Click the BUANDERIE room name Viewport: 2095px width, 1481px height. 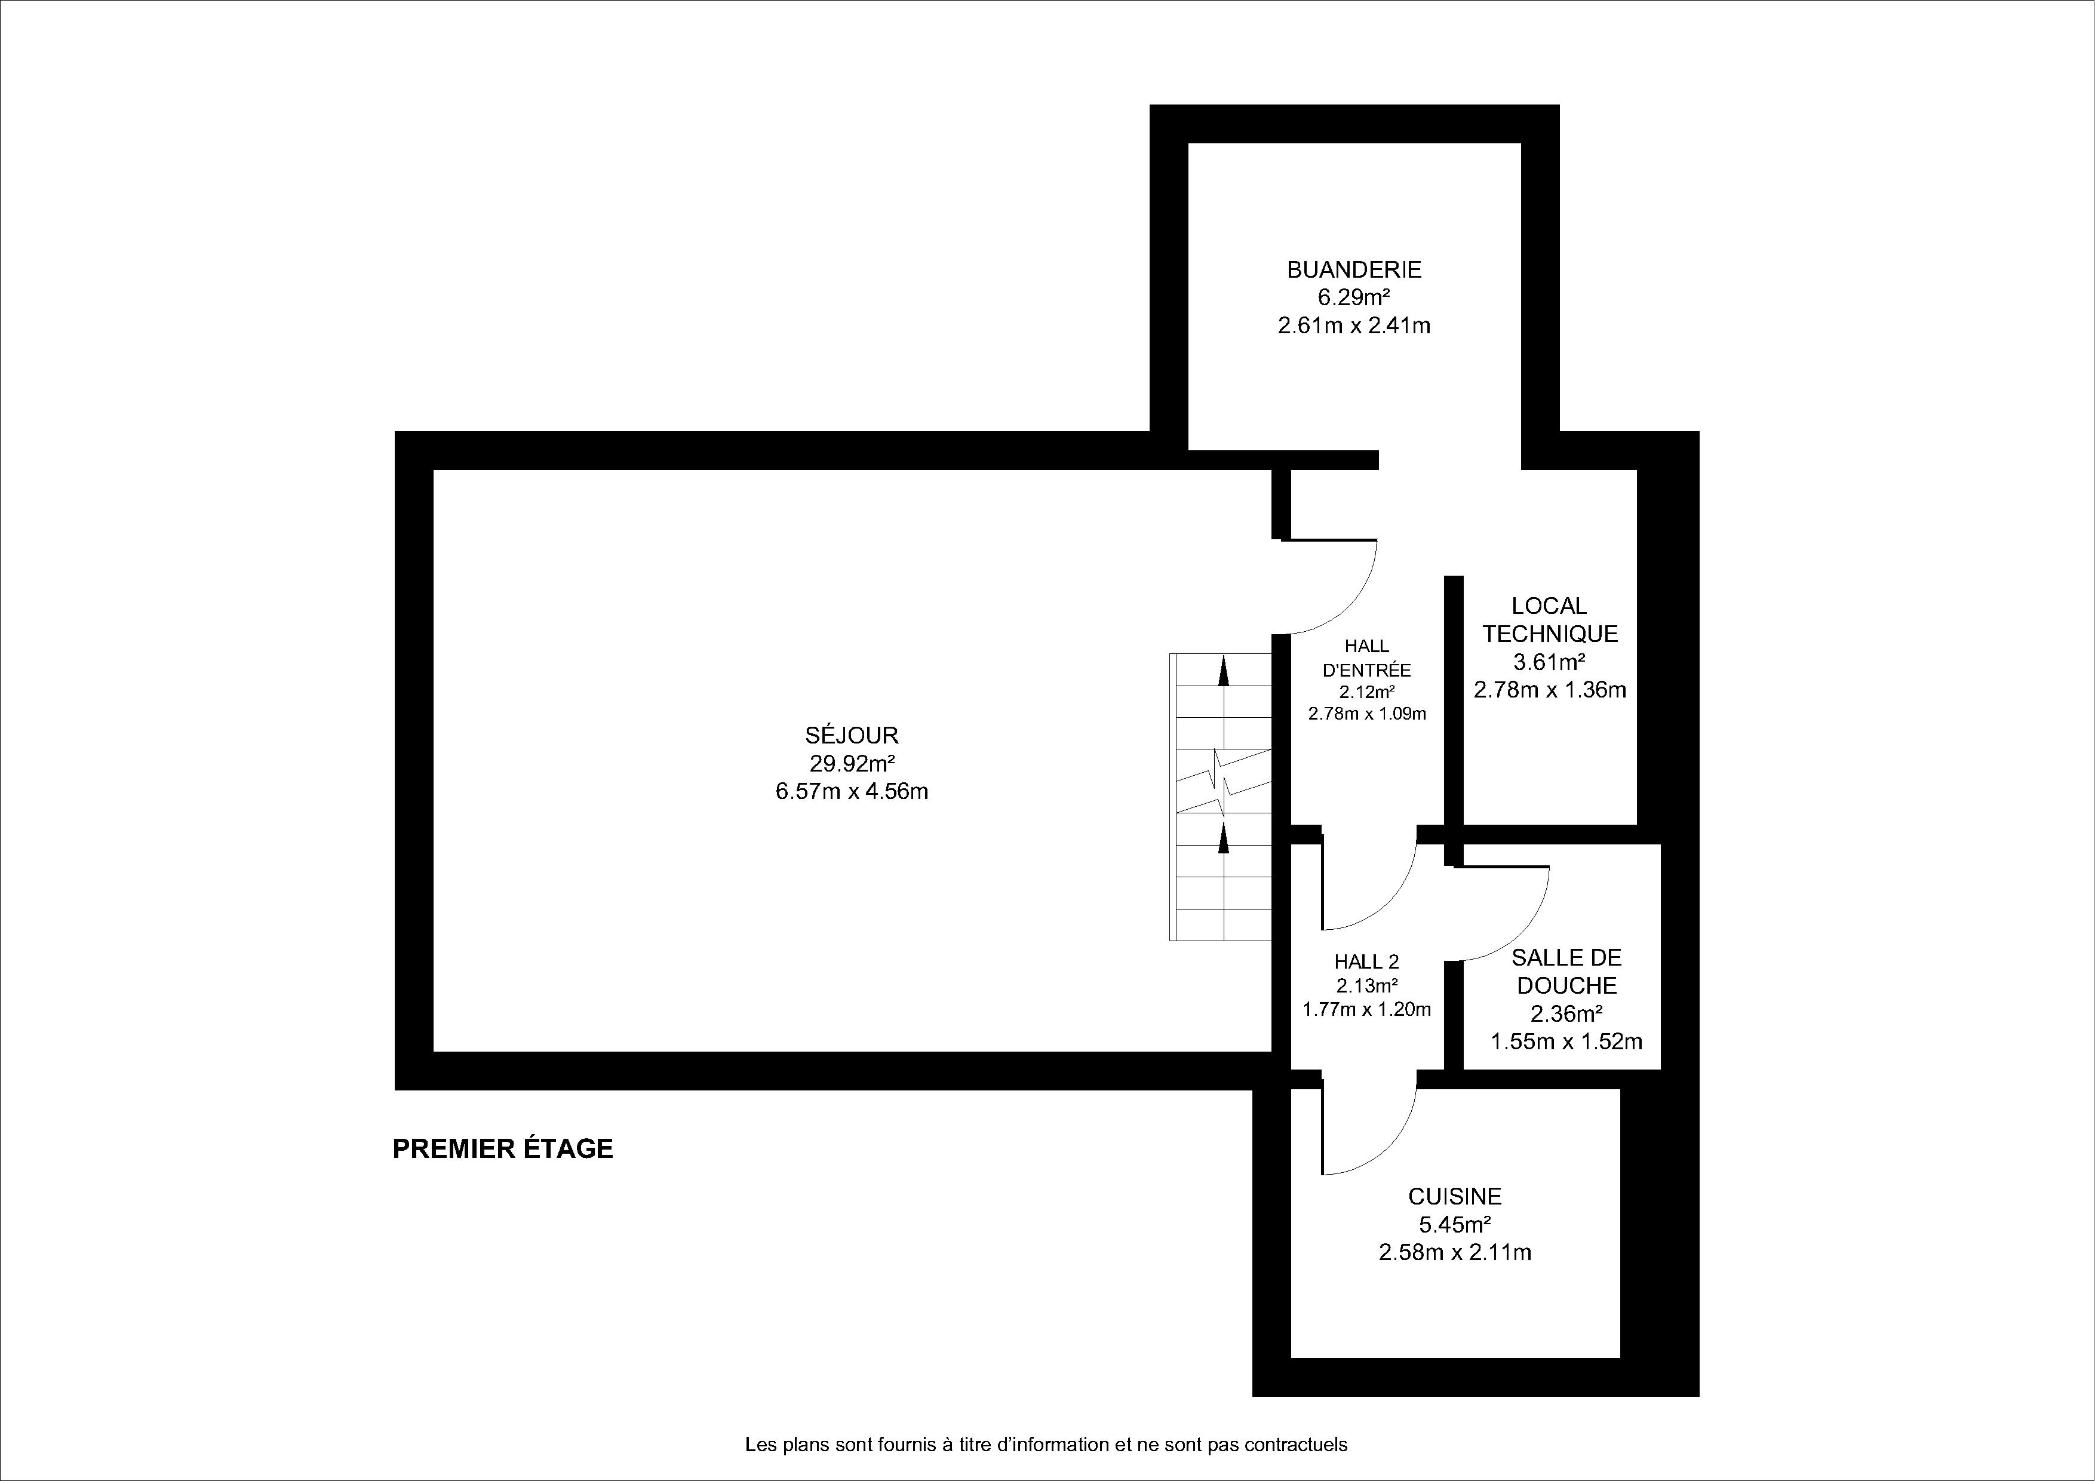click(x=1354, y=270)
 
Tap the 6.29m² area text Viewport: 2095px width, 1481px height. click(x=1353, y=297)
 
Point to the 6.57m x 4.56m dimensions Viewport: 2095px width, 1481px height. click(x=852, y=791)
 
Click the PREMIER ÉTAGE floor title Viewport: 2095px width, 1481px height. click(x=503, y=1149)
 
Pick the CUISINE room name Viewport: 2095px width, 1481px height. click(x=1454, y=1196)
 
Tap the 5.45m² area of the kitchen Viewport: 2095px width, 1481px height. click(x=1454, y=1225)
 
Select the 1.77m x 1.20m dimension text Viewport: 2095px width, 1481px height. click(x=1366, y=1009)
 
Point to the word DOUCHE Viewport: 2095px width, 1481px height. click(x=1566, y=985)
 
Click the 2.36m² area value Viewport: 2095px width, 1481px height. click(x=1566, y=1014)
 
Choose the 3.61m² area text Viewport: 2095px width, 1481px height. click(x=1549, y=662)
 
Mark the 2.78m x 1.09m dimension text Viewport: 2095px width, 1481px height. click(x=1367, y=714)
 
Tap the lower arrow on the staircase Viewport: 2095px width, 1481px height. click(x=1224, y=837)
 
